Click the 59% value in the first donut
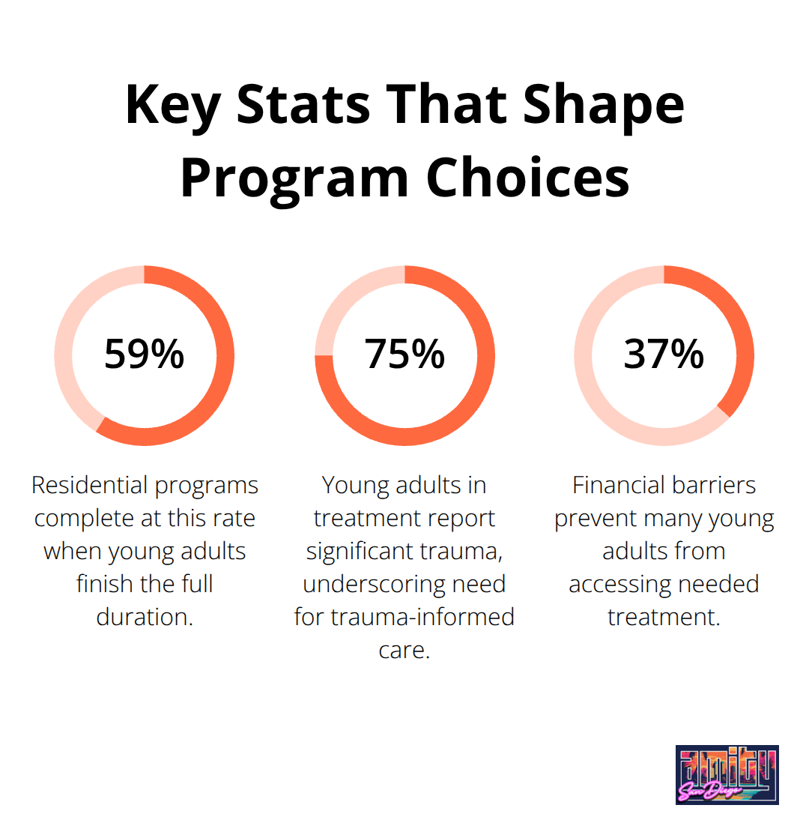[x=144, y=355]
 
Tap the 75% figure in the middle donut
[x=404, y=355]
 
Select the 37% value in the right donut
[x=664, y=355]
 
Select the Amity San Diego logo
[x=727, y=774]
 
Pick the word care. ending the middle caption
[x=404, y=650]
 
